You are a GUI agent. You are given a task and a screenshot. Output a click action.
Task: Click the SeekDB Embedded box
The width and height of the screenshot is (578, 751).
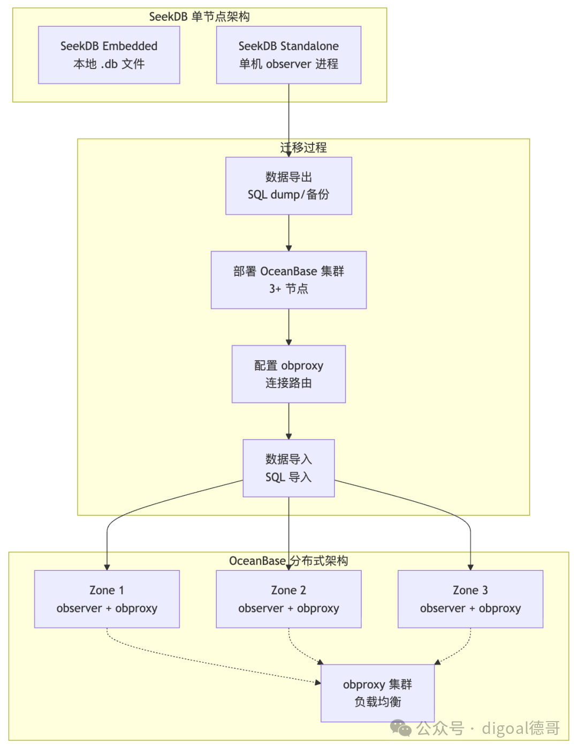[x=109, y=55]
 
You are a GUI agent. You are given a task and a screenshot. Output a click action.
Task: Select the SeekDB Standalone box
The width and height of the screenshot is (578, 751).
[x=288, y=55]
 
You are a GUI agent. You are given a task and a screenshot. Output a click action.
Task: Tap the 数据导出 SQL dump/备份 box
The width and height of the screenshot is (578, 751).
[x=288, y=185]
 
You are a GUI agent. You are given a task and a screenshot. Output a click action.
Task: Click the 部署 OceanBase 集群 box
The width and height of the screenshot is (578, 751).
[x=288, y=280]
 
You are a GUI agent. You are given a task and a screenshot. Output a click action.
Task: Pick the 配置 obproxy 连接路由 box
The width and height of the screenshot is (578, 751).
[x=288, y=374]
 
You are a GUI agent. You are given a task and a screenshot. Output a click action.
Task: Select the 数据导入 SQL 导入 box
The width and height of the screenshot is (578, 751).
[x=288, y=468]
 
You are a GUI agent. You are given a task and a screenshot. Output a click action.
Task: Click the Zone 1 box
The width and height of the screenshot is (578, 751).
[x=107, y=599]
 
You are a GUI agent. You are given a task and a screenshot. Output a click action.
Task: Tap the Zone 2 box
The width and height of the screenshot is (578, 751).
[x=288, y=599]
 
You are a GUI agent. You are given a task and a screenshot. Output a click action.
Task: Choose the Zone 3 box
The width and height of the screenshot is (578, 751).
[x=470, y=599]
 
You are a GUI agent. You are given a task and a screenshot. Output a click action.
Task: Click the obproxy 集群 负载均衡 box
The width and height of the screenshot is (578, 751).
[x=377, y=693]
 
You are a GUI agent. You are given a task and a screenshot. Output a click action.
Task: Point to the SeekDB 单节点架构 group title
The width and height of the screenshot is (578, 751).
[x=199, y=17]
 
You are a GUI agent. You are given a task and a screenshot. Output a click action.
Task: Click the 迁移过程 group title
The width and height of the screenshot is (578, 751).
[x=303, y=148]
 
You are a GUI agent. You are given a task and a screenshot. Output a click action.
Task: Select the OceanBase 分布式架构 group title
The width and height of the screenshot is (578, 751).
[x=288, y=561]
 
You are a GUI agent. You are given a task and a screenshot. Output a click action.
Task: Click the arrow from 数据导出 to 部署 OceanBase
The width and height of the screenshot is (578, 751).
[x=288, y=233]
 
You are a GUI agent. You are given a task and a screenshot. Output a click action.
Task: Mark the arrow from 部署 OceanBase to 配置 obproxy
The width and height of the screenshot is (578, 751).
[x=288, y=327]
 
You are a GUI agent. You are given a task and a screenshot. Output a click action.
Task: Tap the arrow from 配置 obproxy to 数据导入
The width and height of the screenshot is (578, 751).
[x=288, y=421]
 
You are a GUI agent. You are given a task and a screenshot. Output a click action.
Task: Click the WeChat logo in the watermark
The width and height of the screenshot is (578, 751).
[x=401, y=728]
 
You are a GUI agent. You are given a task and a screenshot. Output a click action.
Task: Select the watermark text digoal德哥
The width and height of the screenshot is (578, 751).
[x=521, y=728]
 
